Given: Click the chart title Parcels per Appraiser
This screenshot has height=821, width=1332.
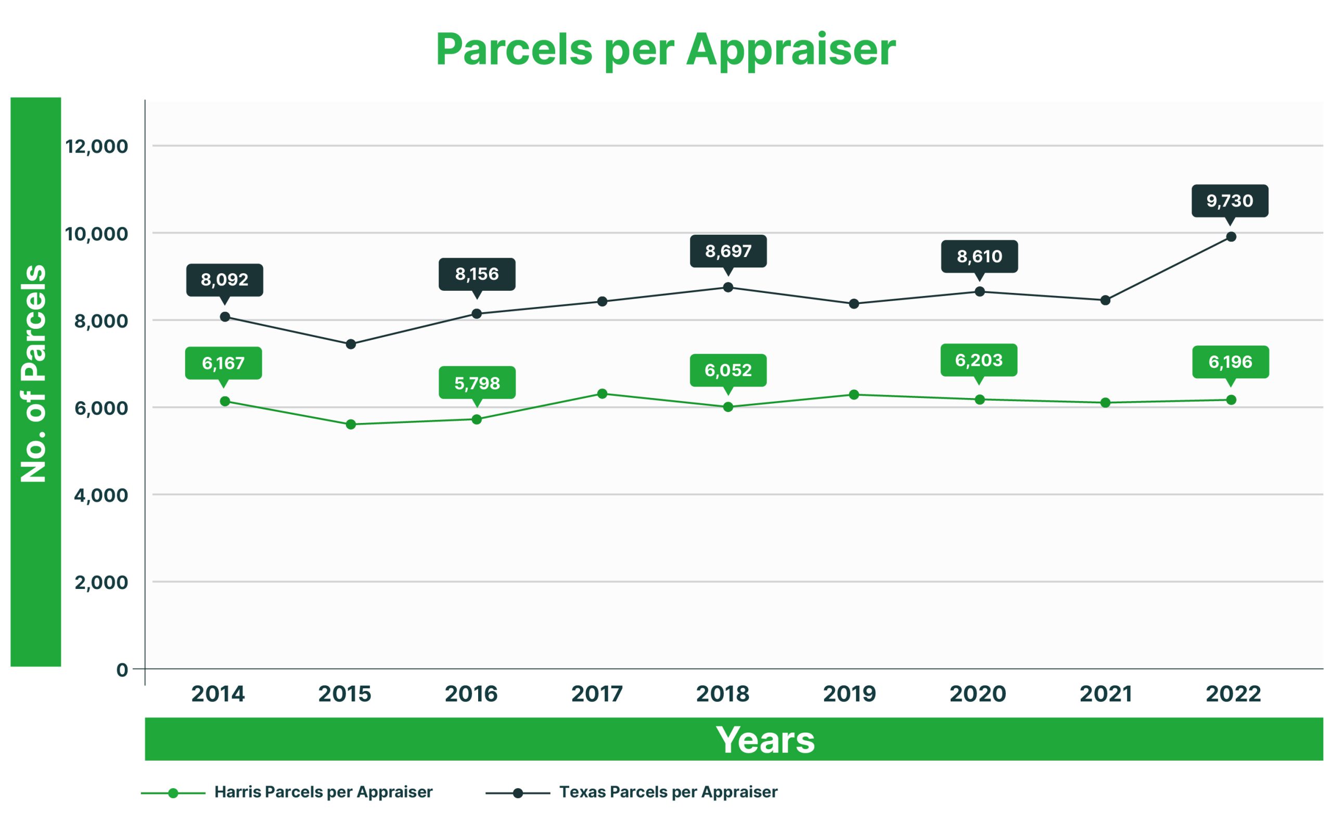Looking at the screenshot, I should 665,50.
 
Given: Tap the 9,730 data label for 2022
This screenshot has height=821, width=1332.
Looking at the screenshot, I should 1229,201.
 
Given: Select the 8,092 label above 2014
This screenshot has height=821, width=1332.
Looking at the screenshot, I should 224,279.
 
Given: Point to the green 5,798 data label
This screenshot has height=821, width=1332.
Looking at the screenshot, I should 477,383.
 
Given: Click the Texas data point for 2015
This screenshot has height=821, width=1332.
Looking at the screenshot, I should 351,344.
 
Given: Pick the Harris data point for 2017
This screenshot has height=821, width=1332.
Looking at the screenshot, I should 602,393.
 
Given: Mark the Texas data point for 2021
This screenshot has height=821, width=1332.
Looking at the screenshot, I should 1105,300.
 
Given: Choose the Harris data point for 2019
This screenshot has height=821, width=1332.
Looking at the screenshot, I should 854,394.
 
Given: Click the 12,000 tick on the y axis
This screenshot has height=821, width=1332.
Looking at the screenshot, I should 97,146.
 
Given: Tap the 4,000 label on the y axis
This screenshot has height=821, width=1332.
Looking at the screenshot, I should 101,495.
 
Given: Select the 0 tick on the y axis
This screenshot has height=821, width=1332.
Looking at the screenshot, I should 122,670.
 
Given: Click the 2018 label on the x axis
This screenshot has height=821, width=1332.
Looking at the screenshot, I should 723,694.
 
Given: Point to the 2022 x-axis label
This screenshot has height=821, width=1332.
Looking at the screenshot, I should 1233,694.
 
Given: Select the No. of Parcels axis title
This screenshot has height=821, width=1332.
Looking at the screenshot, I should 34,373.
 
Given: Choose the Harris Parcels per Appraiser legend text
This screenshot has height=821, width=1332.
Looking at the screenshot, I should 323,792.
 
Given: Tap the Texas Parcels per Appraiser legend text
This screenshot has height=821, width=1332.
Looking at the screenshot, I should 668,792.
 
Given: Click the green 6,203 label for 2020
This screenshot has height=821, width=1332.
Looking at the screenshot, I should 979,360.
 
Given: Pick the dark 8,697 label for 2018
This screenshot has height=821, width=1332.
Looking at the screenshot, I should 728,251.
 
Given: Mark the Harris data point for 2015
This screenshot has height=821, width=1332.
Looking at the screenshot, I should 351,424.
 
